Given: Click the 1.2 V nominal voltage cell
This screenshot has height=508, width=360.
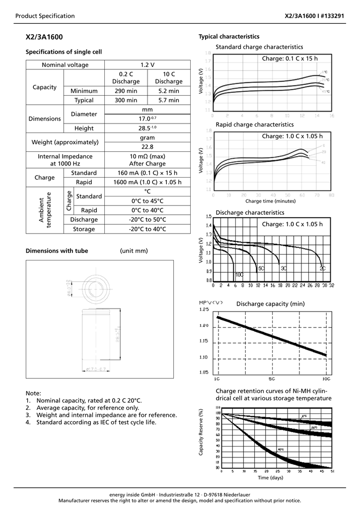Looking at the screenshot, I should (x=147, y=65).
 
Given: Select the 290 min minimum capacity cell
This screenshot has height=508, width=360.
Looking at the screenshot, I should (x=126, y=91).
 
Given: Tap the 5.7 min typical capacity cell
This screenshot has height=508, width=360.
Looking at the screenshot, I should (x=169, y=100).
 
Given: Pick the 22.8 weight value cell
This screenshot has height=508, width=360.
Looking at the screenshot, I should (x=147, y=147).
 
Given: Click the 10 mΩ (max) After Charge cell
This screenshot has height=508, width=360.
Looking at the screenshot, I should (x=147, y=160).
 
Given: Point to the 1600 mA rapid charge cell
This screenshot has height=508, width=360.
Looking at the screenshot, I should (x=147, y=182).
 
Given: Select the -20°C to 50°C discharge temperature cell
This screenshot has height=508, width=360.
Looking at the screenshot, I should (x=147, y=220).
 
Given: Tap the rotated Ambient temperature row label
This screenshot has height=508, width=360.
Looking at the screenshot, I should (x=45, y=210).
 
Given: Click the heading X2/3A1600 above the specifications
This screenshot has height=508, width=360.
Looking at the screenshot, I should (x=44, y=37).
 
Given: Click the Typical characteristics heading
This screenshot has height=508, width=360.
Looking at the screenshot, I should (x=229, y=37).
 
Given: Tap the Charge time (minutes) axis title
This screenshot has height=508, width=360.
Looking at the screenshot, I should (x=270, y=201).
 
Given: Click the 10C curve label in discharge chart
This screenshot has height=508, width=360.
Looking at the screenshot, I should (x=239, y=274).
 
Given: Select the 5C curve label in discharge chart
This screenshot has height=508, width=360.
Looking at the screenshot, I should (x=260, y=268).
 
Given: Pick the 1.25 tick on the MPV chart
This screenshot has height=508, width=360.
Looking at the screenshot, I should (x=204, y=310).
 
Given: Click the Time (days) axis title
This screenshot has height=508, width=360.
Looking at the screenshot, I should (x=270, y=478).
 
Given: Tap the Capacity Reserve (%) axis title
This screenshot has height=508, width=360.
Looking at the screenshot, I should (x=201, y=433).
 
